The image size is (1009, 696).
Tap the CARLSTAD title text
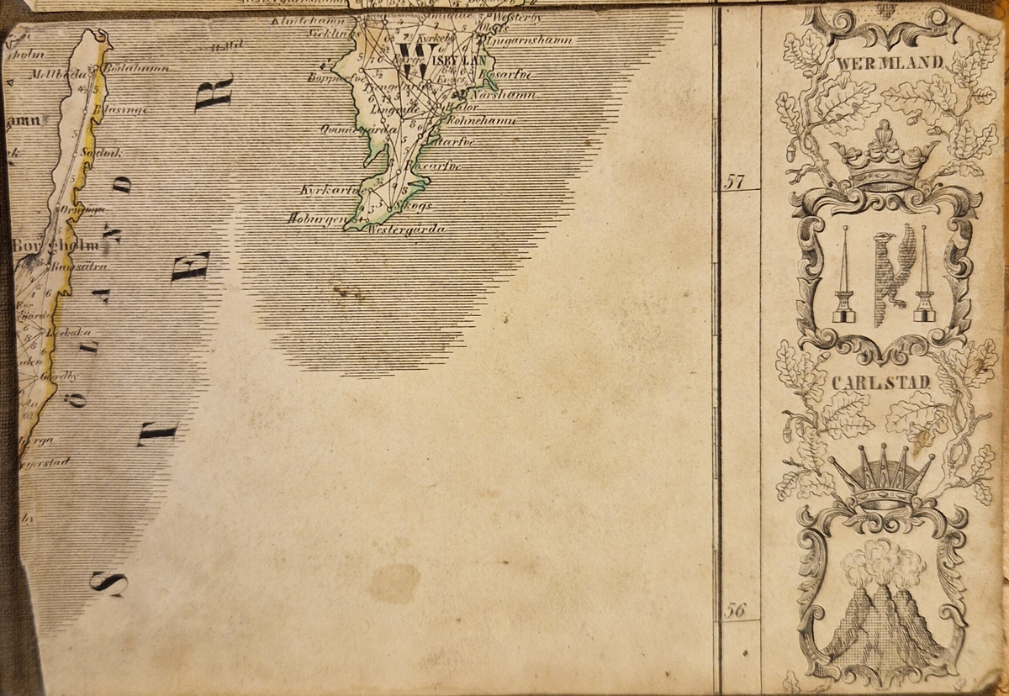point(881,383)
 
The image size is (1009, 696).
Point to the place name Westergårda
point(406,229)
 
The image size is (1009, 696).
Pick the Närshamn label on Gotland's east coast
point(502,94)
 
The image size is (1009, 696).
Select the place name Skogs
point(412,205)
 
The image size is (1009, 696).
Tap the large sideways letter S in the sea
point(110,583)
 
